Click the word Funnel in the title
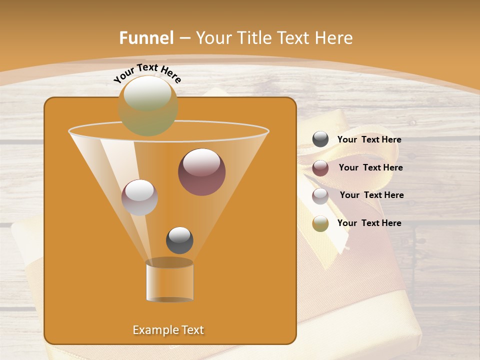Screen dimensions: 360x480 (x=146, y=38)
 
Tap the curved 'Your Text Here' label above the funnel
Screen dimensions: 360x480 (x=147, y=73)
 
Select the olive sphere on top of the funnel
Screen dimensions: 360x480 (x=148, y=105)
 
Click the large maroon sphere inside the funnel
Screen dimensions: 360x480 (x=202, y=172)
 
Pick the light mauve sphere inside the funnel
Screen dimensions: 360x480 (x=139, y=197)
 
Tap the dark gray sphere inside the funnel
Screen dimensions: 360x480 (x=179, y=240)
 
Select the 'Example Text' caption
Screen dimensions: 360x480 (x=168, y=330)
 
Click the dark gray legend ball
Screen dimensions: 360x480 (x=320, y=139)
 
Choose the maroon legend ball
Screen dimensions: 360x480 (x=320, y=168)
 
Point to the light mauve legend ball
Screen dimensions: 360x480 (x=320, y=196)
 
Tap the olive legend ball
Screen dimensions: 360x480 (x=320, y=223)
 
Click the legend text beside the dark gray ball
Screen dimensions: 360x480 (x=369, y=140)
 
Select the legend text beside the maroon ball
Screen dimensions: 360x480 (x=370, y=168)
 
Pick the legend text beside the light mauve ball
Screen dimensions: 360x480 (x=371, y=195)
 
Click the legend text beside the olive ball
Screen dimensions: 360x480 (x=369, y=223)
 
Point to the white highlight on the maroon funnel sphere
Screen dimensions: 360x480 (x=201, y=161)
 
